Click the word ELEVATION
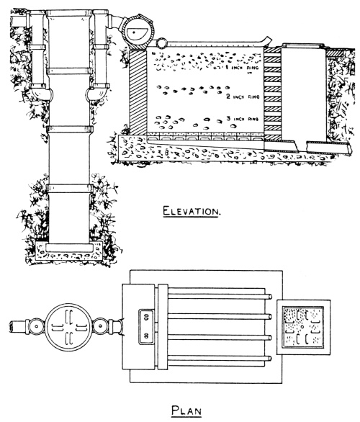[x=192, y=211]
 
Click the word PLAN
[x=186, y=411]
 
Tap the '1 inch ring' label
[x=241, y=67]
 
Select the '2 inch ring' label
[x=243, y=96]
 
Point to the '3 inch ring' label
[x=242, y=119]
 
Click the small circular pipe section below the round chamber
[x=162, y=43]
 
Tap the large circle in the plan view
[x=68, y=327]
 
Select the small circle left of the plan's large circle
[x=36, y=326]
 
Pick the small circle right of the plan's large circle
[x=101, y=326]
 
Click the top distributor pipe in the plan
[x=220, y=297]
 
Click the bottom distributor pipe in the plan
[x=220, y=358]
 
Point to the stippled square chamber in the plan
[x=303, y=327]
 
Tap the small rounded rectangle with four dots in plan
[x=146, y=327]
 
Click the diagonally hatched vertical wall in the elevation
[x=138, y=91]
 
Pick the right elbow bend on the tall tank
[x=98, y=93]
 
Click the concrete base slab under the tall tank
[x=69, y=251]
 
